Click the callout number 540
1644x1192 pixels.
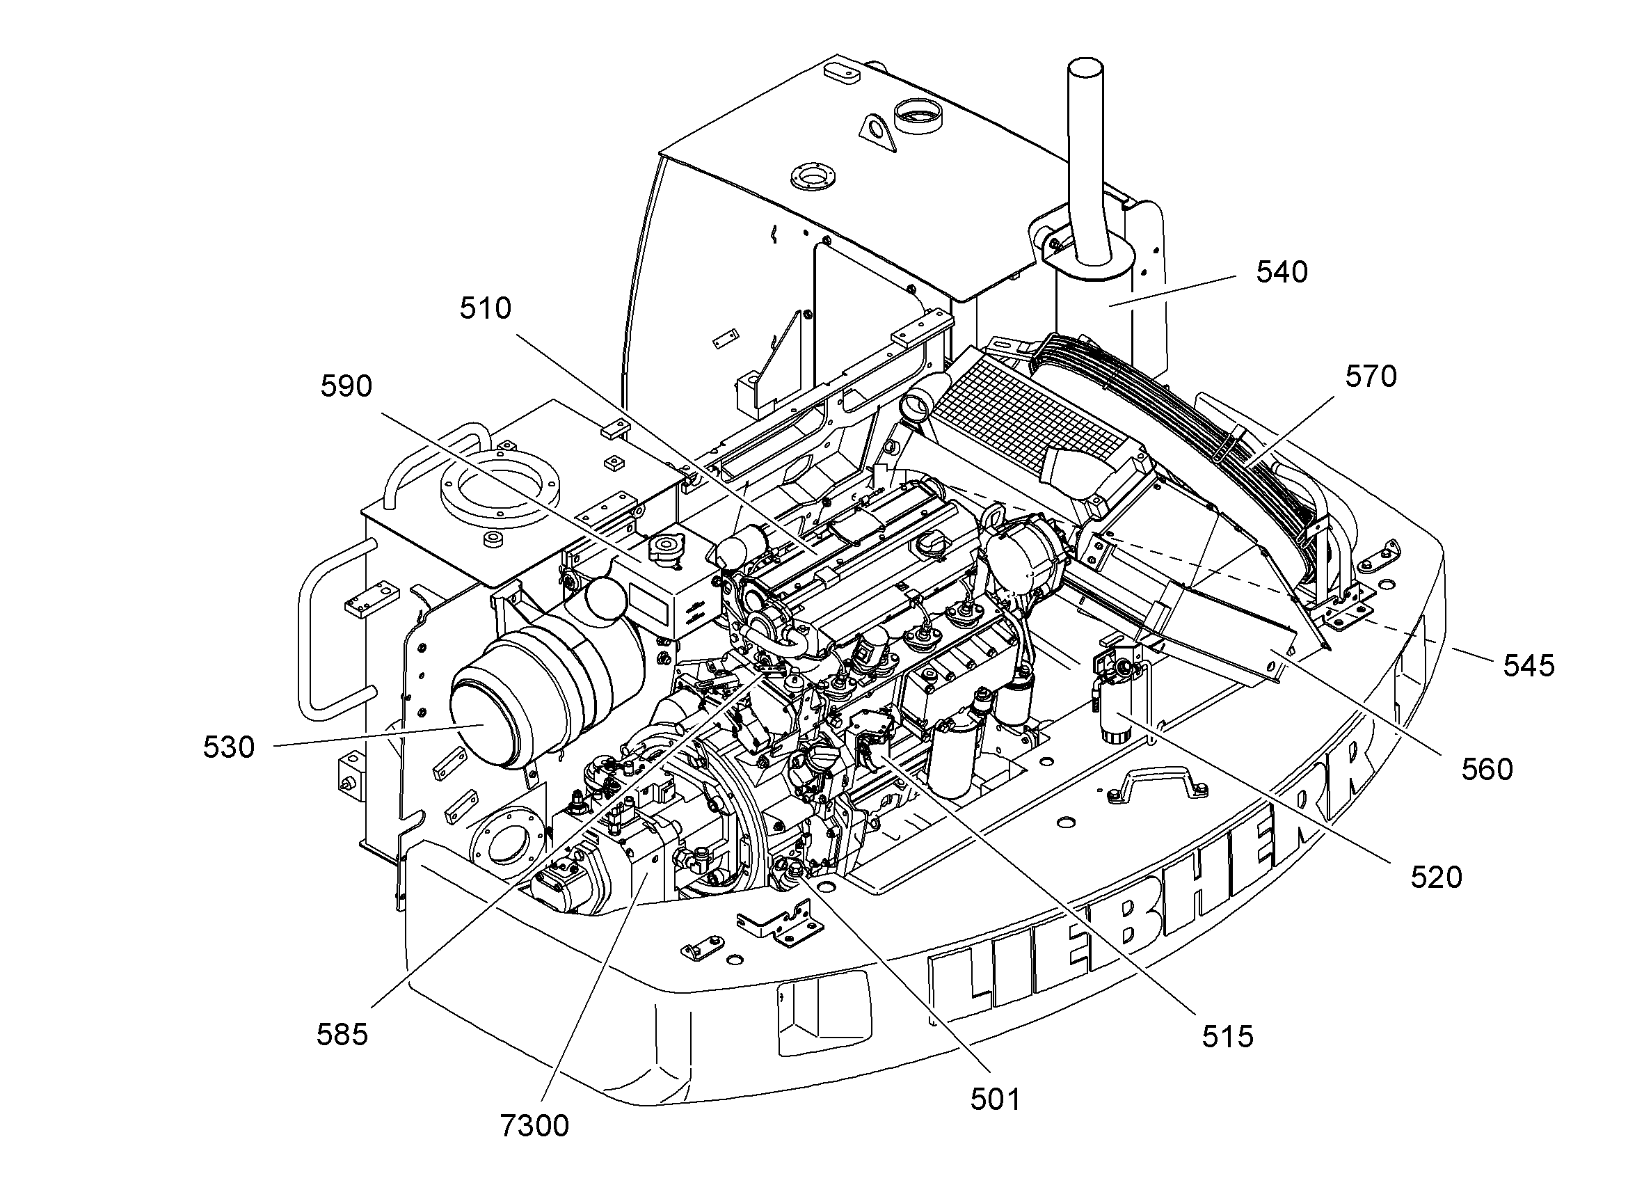point(1282,272)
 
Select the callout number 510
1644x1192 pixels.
point(486,308)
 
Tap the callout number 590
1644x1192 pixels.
point(346,386)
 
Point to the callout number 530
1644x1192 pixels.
point(229,747)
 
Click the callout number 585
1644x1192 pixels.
point(342,1035)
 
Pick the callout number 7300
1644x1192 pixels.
point(535,1126)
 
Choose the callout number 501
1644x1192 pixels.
point(996,1100)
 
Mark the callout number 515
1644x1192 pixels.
point(1228,1037)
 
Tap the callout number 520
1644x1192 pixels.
point(1437,877)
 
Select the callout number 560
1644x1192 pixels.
point(1487,770)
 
